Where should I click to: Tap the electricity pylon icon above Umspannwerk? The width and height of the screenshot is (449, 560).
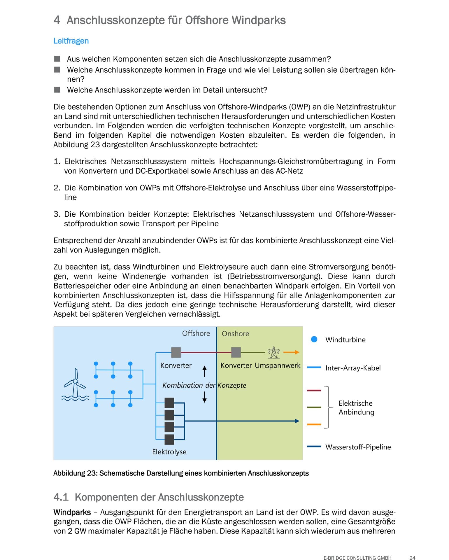coord(273,352)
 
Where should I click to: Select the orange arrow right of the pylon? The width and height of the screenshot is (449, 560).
coord(291,352)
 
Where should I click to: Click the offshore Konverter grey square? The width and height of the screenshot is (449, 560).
coord(176,352)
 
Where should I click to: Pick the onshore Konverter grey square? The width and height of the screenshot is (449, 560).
coord(236,352)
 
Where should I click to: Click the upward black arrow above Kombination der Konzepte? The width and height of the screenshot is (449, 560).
coord(205,371)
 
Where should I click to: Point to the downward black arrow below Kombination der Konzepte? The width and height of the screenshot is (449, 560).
coord(205,397)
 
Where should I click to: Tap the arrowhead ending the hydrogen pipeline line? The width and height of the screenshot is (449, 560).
coord(297,421)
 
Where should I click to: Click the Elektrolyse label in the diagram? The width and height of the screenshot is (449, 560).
coord(169,452)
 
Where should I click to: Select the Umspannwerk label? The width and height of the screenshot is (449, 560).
coord(277,365)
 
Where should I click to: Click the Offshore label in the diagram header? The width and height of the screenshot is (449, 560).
coord(196,333)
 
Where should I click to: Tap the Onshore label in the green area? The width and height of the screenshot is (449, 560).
coord(235,334)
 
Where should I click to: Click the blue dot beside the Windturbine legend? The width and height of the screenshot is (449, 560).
coord(314,339)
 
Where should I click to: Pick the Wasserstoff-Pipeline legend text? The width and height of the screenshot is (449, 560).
coord(358,447)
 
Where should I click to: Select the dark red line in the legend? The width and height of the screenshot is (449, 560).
coord(314,390)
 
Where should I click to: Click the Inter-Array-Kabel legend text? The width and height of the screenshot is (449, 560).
coord(353,368)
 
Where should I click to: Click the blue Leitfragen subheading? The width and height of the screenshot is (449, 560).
coord(71,41)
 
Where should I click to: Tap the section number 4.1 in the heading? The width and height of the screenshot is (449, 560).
coord(61,497)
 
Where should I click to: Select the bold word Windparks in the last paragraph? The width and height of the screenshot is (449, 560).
coord(72,512)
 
